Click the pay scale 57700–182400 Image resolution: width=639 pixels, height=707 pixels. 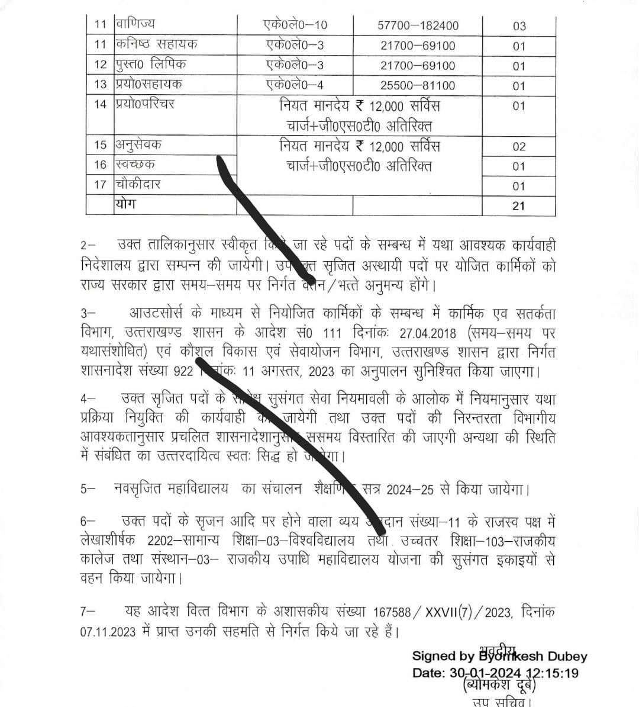coord(418,25)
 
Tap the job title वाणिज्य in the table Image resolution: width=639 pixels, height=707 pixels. coord(135,24)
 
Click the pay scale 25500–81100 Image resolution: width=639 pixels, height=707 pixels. coord(418,85)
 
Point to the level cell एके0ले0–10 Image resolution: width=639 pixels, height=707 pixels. coord(295,25)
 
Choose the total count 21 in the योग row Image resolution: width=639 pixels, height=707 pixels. coord(519,206)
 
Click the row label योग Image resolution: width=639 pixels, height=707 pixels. coord(125,204)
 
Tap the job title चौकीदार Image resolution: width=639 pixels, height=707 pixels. coord(138,184)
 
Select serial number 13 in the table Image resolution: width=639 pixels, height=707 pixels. coord(101,84)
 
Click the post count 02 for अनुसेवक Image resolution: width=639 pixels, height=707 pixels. coord(519,146)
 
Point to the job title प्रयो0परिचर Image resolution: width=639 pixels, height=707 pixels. coord(145,104)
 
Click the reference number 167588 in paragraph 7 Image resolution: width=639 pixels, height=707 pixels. coord(393,612)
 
